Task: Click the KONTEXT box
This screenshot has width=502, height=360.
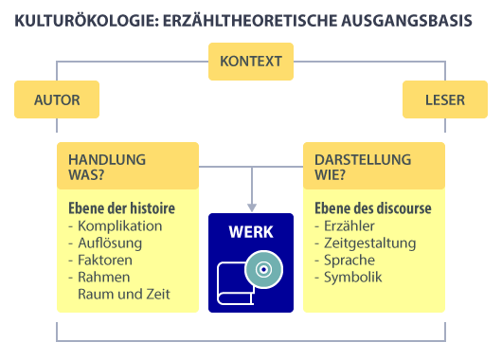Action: coord(251,63)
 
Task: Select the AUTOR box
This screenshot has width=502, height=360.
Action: coord(57,99)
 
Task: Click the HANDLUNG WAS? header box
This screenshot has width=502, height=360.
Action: coord(128,166)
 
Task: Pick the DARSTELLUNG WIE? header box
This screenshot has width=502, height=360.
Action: coord(373,166)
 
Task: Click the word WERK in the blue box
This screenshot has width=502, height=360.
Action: coord(251,232)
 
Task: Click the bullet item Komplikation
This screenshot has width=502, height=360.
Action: coord(119,225)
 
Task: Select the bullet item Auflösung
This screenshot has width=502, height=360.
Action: coord(110,243)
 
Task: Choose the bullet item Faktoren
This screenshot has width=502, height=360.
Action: coord(107,260)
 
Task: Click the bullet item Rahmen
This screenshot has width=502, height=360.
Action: coord(104,277)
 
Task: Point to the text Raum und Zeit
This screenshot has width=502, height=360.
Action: coord(124,294)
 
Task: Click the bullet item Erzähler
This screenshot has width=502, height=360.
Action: coord(349,225)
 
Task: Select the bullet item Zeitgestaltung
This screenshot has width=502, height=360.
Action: coord(368,243)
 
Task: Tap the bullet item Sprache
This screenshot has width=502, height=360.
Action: coord(349,260)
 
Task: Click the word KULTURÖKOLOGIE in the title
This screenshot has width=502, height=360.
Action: coord(81,19)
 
